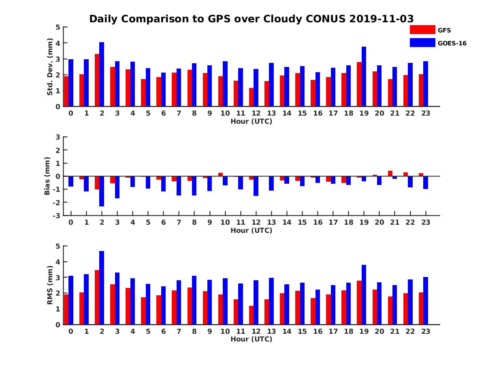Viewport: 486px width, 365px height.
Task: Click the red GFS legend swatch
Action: click(x=422, y=30)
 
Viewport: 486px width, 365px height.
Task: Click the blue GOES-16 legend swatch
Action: click(x=422, y=43)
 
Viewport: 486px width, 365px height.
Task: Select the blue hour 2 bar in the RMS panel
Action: click(x=102, y=288)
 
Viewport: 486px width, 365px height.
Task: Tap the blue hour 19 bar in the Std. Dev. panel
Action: click(x=364, y=77)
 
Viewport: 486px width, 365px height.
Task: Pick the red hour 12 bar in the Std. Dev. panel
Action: click(x=252, y=97)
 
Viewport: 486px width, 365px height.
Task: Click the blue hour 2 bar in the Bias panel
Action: click(x=102, y=191)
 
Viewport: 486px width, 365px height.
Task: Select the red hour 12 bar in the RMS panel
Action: click(x=252, y=315)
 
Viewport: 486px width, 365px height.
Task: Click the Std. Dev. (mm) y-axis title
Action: click(x=50, y=67)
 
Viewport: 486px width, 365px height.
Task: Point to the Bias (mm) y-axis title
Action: click(x=48, y=176)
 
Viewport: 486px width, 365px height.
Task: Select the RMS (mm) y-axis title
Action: click(x=50, y=285)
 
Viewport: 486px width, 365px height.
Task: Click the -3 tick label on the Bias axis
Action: click(x=57, y=215)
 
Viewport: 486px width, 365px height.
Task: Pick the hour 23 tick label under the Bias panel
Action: click(x=425, y=222)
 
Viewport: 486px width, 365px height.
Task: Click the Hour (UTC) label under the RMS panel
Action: click(x=251, y=339)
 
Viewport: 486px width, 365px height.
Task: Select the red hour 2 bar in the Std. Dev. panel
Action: click(x=97, y=80)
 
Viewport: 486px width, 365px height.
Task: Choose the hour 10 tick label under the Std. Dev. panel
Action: click(x=225, y=113)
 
